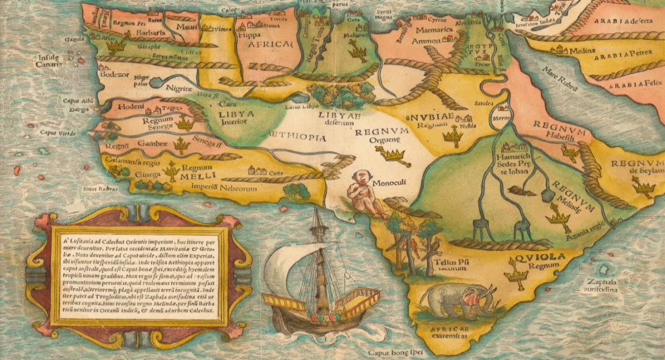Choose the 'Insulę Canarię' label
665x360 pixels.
point(49,60)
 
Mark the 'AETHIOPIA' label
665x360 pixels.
point(296,137)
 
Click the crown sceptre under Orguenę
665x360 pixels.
point(392,156)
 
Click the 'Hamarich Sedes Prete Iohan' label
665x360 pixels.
point(513,163)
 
